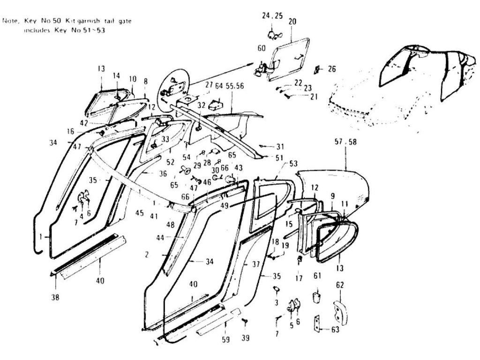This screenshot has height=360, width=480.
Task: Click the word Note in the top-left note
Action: click(x=10, y=21)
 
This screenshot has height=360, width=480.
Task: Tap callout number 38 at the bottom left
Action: click(x=55, y=296)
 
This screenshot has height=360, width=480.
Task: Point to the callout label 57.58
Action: click(x=345, y=142)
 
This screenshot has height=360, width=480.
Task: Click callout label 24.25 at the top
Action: click(x=272, y=15)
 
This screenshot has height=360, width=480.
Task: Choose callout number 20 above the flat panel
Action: click(x=292, y=22)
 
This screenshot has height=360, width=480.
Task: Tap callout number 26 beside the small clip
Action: click(x=332, y=69)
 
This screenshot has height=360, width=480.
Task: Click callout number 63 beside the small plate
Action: click(x=335, y=330)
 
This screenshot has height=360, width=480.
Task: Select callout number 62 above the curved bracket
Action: click(x=340, y=285)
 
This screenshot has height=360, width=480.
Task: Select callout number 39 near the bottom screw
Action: click(x=245, y=338)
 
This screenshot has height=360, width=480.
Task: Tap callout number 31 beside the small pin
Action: click(x=280, y=146)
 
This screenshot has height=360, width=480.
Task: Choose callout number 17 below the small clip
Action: click(x=299, y=277)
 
